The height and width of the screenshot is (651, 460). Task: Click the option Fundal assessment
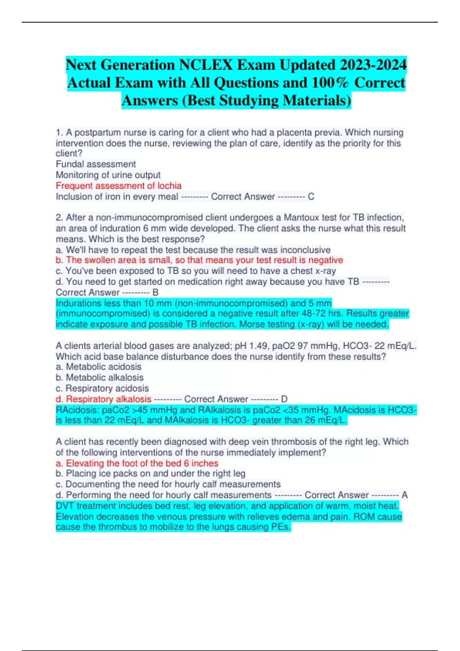(x=96, y=164)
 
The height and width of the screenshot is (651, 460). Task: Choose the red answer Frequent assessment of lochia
(x=118, y=186)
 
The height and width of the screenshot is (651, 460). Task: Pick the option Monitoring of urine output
(x=108, y=175)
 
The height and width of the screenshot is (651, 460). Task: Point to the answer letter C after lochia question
(x=311, y=197)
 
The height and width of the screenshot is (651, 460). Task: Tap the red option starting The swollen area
(x=199, y=260)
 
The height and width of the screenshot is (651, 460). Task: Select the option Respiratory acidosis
(x=102, y=388)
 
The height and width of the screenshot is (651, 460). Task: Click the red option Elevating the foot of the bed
(x=137, y=463)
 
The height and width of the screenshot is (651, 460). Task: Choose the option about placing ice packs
(x=151, y=474)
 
